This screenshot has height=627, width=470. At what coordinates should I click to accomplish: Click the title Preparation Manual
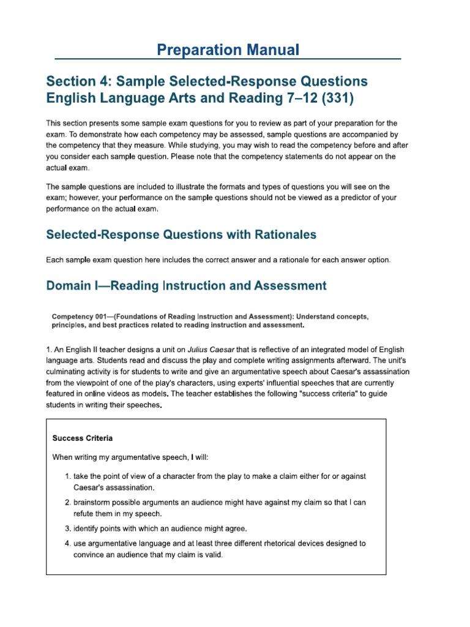[x=228, y=50]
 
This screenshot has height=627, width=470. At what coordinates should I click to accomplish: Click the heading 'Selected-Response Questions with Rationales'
[x=181, y=234]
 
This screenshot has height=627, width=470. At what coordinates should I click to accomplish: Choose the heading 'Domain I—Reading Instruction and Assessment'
[x=186, y=285]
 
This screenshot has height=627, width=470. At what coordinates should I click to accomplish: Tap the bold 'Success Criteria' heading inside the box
[x=82, y=438]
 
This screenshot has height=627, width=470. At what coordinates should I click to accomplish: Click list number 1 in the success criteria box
[x=67, y=476]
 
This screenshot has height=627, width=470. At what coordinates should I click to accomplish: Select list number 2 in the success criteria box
[x=67, y=503]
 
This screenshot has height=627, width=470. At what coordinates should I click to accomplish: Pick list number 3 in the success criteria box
[x=67, y=528]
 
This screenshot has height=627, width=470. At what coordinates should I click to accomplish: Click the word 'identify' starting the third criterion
[x=87, y=528]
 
